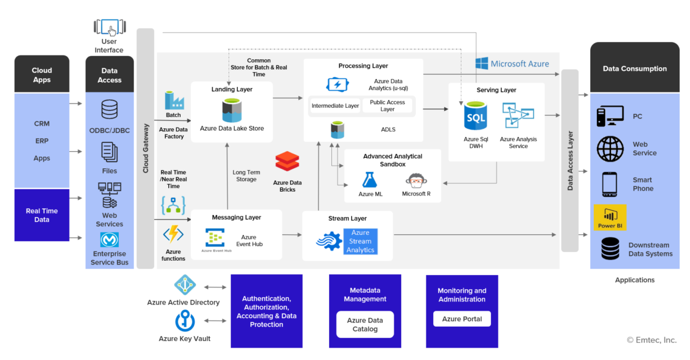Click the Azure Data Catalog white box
click(x=365, y=324)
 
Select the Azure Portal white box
click(x=462, y=319)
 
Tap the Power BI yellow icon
click(x=610, y=217)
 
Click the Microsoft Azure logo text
click(x=513, y=63)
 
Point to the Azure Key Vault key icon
click(x=184, y=321)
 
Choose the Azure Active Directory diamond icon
click(x=184, y=285)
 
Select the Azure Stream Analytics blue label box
click(x=360, y=241)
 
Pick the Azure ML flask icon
click(x=370, y=180)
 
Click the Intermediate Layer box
click(x=335, y=106)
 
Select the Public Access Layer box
click(x=388, y=105)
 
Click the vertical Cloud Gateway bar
click(x=145, y=148)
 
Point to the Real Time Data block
click(x=42, y=215)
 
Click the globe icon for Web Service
click(x=610, y=149)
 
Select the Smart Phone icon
click(x=610, y=184)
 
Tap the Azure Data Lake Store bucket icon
click(x=231, y=111)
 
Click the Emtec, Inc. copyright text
click(x=651, y=340)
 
